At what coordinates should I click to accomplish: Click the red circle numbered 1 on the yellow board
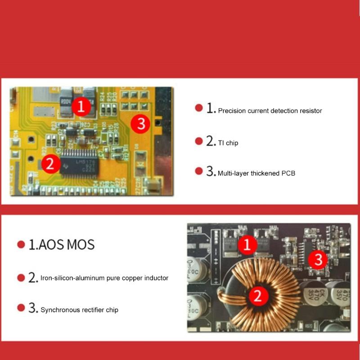(x=81, y=107)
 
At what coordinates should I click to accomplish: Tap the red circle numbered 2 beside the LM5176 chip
(x=50, y=163)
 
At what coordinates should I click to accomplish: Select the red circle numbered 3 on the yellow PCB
(x=141, y=123)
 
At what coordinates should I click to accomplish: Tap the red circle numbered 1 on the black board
(x=247, y=245)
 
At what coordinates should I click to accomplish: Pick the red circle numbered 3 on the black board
(x=318, y=259)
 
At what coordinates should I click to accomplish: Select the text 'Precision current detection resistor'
(x=270, y=111)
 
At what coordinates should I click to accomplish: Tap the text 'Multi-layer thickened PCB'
(x=256, y=173)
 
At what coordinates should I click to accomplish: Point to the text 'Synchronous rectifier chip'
(x=79, y=310)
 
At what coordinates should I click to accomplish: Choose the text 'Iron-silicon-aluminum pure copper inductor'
(x=104, y=278)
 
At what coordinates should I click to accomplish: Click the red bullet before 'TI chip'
(x=198, y=141)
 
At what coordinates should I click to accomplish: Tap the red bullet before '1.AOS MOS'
(x=21, y=244)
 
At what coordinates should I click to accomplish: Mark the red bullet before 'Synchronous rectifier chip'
(x=21, y=308)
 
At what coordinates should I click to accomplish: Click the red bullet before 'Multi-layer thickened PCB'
(x=198, y=171)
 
